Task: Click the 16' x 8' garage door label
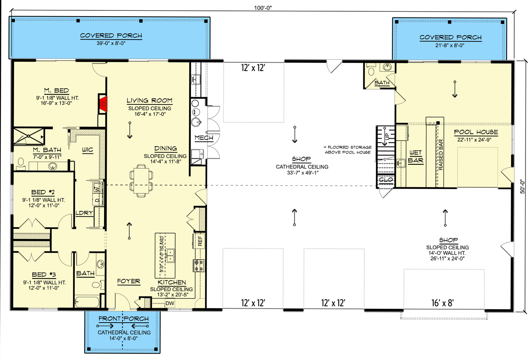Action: pos(441,303)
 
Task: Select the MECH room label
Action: pos(203,138)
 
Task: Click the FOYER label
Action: pos(128,282)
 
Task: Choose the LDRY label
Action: pos(84,213)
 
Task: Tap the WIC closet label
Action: pos(87,149)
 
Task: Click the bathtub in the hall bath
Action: pos(89,301)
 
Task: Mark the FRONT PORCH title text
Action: pos(123,319)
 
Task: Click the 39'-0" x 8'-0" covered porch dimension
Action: pos(111,44)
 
